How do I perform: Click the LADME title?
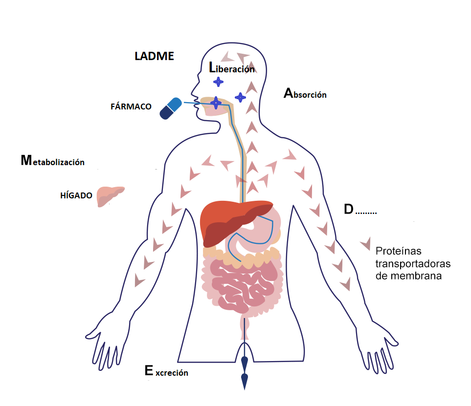coord(154,56)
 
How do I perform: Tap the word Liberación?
coord(232,68)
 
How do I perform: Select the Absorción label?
coord(305,93)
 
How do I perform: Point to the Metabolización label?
coord(52,161)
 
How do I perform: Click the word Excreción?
coord(166,371)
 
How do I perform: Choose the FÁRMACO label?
coord(131,107)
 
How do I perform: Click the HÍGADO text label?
coord(76,195)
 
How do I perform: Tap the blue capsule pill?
coord(171,108)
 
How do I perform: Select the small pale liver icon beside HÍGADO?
coord(110,196)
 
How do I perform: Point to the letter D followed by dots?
coord(360,209)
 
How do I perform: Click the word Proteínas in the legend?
coord(398,251)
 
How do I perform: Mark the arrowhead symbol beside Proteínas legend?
coord(366,244)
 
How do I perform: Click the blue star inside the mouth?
coord(216,103)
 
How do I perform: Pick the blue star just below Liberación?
coord(218,82)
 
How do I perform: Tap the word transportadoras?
coord(413,263)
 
